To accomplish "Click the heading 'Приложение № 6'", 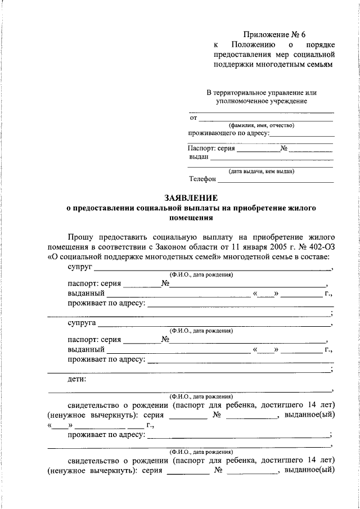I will click(275, 34).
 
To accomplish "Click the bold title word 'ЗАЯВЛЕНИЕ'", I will click(191, 198).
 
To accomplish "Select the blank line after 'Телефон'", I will click(276, 181).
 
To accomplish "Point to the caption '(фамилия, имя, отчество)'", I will click(261, 125).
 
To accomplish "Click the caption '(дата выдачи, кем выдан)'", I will click(261, 171).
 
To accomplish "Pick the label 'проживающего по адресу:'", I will click(229, 134).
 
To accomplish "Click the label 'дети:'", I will click(76, 380).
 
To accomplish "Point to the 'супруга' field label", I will click(81, 324).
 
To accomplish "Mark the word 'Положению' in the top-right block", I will click(253, 44).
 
